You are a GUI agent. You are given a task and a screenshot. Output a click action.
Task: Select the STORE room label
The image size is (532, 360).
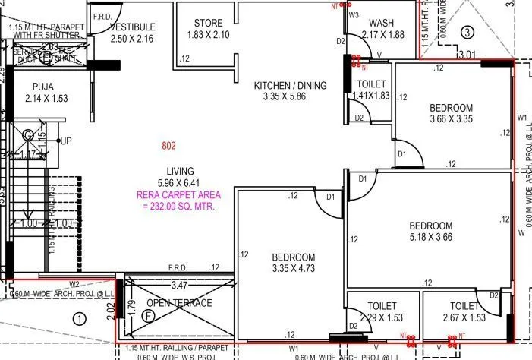[x=208, y=23]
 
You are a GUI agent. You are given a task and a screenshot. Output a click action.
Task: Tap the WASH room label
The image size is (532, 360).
[x=382, y=23]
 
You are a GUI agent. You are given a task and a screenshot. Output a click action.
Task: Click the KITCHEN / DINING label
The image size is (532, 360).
[x=291, y=85]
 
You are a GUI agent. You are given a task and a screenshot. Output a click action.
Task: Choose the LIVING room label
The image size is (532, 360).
[x=180, y=170]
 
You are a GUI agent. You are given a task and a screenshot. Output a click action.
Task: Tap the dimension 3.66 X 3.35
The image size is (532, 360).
[x=451, y=118]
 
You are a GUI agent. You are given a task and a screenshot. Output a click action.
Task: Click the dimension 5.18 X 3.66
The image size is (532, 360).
[x=431, y=237]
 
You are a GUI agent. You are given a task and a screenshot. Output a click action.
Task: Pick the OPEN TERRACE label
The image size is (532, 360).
[x=179, y=303]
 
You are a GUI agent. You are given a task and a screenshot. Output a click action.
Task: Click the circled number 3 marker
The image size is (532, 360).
[x=468, y=31]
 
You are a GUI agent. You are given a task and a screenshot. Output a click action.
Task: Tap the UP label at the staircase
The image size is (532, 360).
[x=66, y=141]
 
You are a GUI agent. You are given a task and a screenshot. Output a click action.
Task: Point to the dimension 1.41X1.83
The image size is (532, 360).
[x=370, y=96]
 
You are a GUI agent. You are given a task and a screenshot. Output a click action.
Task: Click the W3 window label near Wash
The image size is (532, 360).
[x=354, y=14]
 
